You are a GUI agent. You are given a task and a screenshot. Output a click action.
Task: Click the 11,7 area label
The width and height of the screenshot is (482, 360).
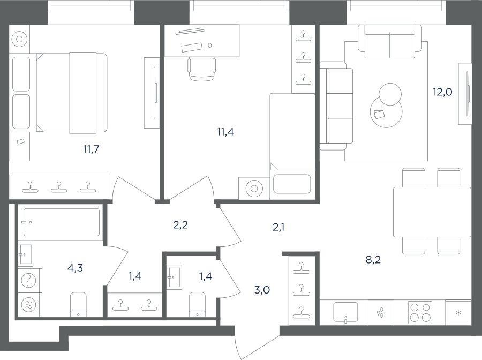pyautogui.click(x=91, y=149)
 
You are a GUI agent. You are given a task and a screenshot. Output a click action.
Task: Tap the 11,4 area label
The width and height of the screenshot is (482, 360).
pyautogui.click(x=225, y=132)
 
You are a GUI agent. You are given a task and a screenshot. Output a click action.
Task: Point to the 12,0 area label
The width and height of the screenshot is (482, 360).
pyautogui.click(x=443, y=92)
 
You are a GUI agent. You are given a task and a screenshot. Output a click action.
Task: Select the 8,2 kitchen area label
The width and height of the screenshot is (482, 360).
pyautogui.click(x=373, y=260)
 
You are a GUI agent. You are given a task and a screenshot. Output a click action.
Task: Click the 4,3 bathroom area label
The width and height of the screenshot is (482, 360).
pyautogui.click(x=76, y=268)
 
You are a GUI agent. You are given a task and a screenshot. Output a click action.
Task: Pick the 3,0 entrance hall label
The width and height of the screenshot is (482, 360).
pyautogui.click(x=262, y=290)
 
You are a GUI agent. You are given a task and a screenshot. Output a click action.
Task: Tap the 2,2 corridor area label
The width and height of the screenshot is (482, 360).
pyautogui.click(x=180, y=226)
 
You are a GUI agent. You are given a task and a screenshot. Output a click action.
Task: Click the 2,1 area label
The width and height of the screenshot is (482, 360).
pyautogui.click(x=278, y=227)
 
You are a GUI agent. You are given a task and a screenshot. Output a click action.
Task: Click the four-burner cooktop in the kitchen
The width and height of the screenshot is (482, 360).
pyautogui.click(x=420, y=312)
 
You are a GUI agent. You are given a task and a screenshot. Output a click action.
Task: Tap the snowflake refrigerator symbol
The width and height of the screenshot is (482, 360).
pyautogui.click(x=458, y=313)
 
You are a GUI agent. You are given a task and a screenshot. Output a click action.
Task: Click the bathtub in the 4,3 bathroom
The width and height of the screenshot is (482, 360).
pyautogui.click(x=62, y=222)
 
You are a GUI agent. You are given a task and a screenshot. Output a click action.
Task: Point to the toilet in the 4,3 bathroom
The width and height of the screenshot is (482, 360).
pyautogui.click(x=78, y=304)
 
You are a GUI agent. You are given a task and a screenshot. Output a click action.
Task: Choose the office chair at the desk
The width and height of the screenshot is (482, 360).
pyautogui.click(x=202, y=70)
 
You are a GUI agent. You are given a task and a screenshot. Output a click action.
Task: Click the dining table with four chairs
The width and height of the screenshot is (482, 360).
pyautogui.click(x=432, y=212)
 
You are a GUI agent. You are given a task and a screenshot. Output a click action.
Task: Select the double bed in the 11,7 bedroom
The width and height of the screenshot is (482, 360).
pyautogui.click(x=72, y=93)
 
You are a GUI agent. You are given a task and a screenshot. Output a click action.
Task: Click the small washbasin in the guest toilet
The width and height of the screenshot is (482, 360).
pyautogui.click(x=175, y=276)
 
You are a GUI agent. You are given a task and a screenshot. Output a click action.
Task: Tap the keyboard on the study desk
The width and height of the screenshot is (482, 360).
pyautogui.click(x=192, y=47)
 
